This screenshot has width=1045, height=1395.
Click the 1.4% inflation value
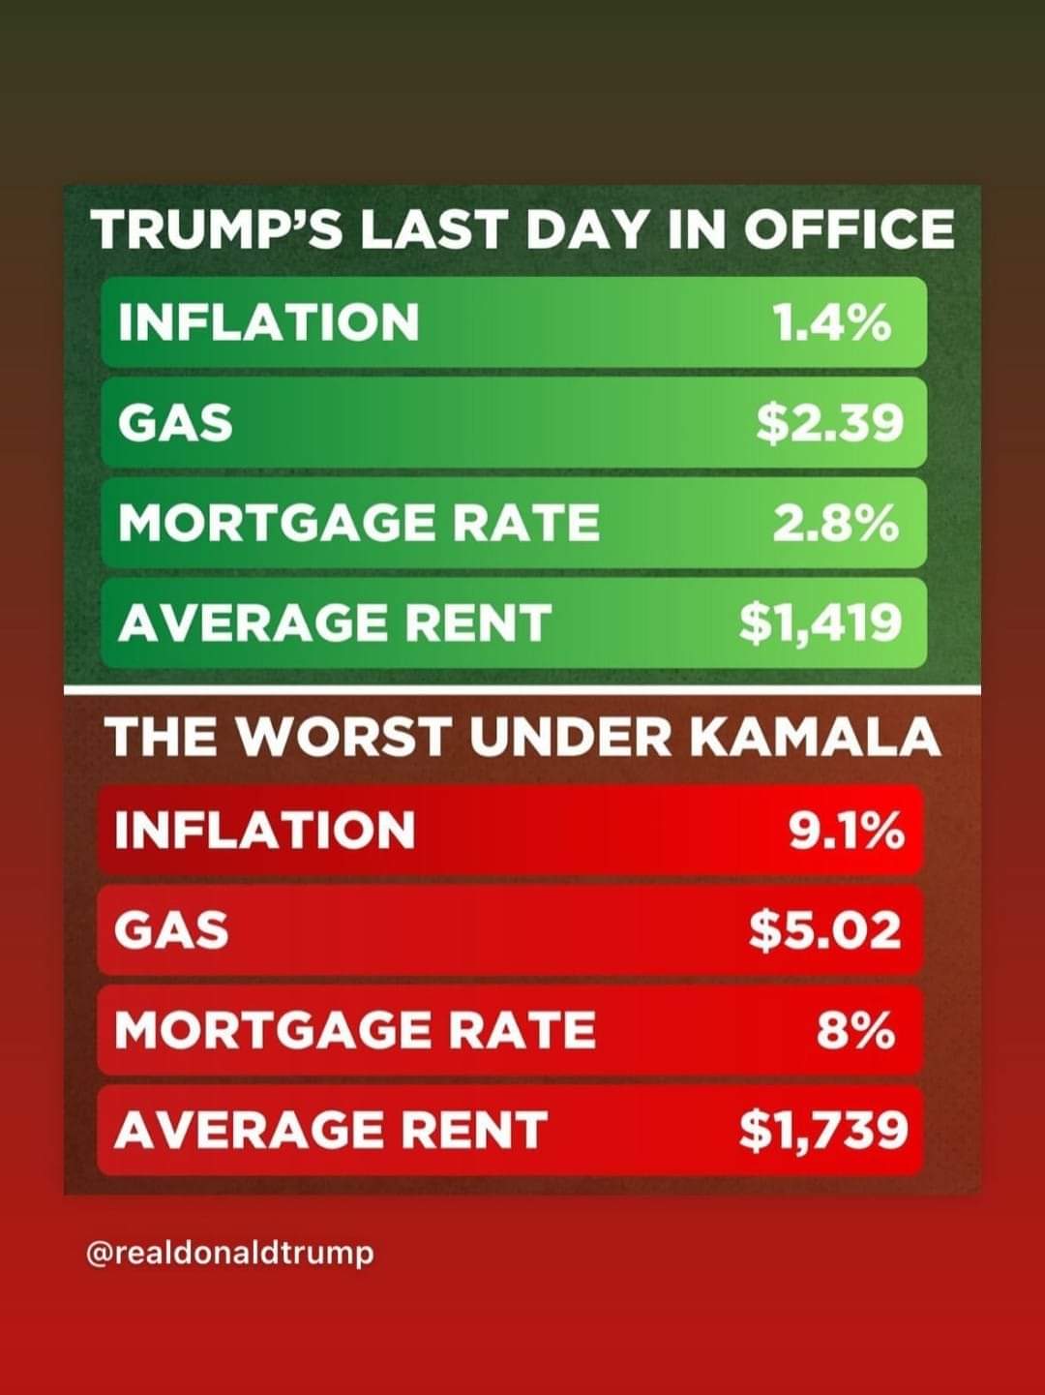(x=831, y=321)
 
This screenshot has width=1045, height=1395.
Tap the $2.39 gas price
(x=829, y=423)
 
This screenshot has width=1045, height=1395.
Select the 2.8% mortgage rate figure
(x=836, y=523)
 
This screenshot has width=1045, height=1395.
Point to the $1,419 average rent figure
(x=821, y=623)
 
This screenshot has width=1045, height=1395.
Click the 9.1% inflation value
(x=847, y=830)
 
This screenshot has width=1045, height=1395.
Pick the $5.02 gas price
(x=825, y=930)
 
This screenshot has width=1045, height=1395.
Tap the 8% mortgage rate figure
(x=856, y=1031)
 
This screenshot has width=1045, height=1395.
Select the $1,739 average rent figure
(x=823, y=1132)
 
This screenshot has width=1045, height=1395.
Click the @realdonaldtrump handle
(x=230, y=1255)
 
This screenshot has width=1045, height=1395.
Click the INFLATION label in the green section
(x=269, y=321)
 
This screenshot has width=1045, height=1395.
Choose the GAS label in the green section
(x=175, y=423)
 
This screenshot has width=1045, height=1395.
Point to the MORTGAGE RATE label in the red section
(x=355, y=1031)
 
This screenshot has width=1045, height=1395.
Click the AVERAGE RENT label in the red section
(x=331, y=1131)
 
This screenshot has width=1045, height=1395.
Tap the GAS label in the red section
(x=171, y=930)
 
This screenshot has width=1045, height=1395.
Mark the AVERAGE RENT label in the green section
(x=334, y=622)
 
